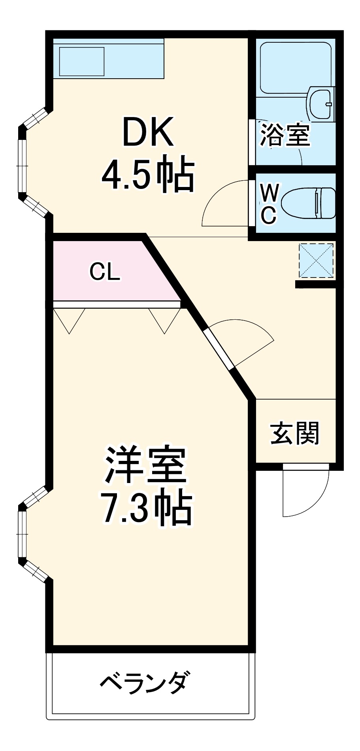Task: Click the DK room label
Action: point(148,132)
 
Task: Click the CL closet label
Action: point(104,272)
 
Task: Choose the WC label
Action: point(269,204)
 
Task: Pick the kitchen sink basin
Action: point(82,61)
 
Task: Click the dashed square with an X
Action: point(316,261)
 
